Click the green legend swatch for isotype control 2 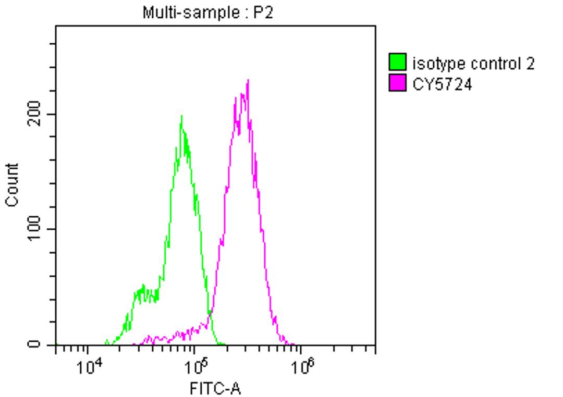[x=398, y=63]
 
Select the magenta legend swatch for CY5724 [x=398, y=83]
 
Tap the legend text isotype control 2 [x=473, y=64]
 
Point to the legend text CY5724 [x=442, y=84]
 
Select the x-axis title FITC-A [x=215, y=388]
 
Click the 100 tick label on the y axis [x=33, y=229]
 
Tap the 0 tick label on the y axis [x=33, y=344]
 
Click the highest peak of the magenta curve [x=248, y=80]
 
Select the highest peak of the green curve [x=181, y=116]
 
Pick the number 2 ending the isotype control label [x=530, y=64]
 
